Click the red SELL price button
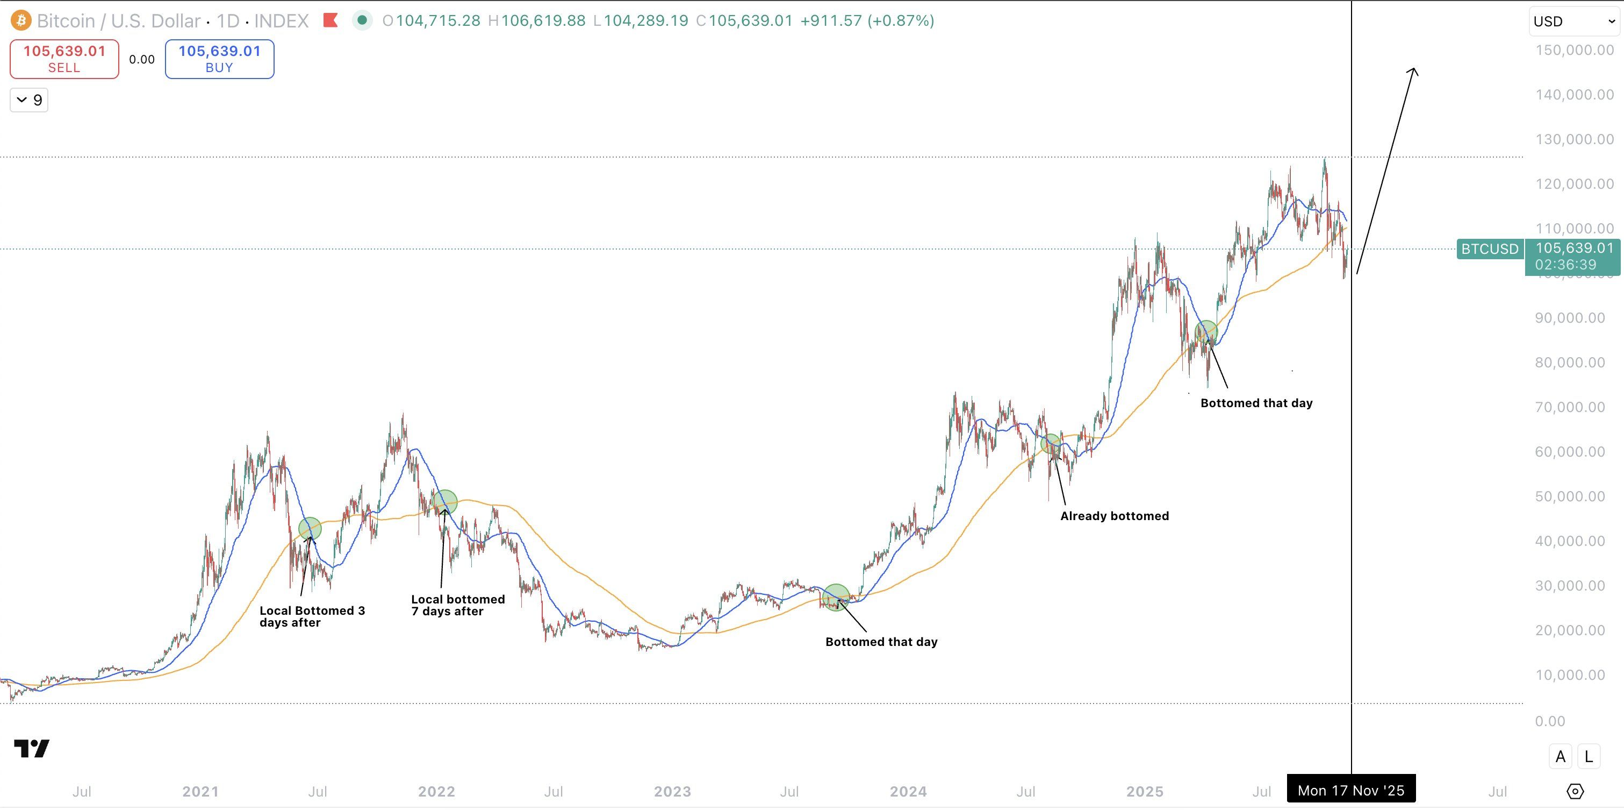tap(64, 59)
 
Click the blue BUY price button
tap(219, 59)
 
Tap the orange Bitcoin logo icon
tap(21, 21)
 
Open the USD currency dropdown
tap(1574, 22)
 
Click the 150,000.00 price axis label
tap(1574, 50)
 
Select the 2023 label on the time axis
tap(672, 791)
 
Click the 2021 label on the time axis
tap(200, 791)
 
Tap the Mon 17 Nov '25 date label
tap(1350, 791)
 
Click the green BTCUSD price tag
tap(1490, 249)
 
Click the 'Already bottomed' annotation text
tap(1114, 516)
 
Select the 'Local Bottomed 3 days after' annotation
tap(312, 616)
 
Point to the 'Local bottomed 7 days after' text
tap(458, 605)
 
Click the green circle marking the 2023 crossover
tap(836, 597)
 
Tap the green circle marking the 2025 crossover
tap(1206, 331)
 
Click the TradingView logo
tap(32, 748)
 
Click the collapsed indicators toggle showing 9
tap(29, 100)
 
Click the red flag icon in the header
tap(330, 21)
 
